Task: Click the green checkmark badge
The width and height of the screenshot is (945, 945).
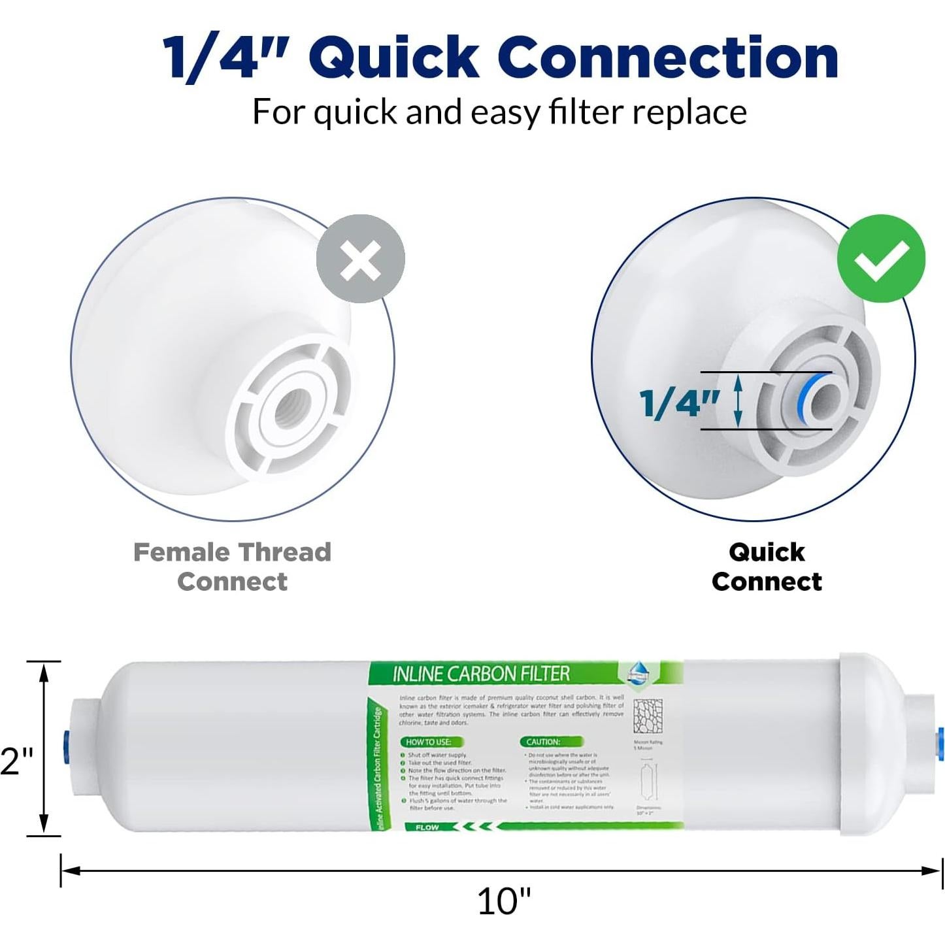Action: coord(881,258)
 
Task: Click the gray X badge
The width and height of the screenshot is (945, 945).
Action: coord(360,259)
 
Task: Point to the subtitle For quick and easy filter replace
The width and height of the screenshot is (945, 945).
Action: coord(499,112)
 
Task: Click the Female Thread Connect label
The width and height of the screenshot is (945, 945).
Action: coord(233,567)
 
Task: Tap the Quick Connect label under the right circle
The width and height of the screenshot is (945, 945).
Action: coord(767,567)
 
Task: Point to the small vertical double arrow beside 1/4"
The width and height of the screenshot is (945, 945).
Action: coord(738,401)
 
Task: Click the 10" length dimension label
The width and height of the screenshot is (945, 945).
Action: coord(504,901)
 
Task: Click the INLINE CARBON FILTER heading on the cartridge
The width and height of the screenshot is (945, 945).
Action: coord(481,674)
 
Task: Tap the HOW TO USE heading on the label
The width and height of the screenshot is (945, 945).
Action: coord(429,742)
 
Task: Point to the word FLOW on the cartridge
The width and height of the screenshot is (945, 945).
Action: coord(427,827)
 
